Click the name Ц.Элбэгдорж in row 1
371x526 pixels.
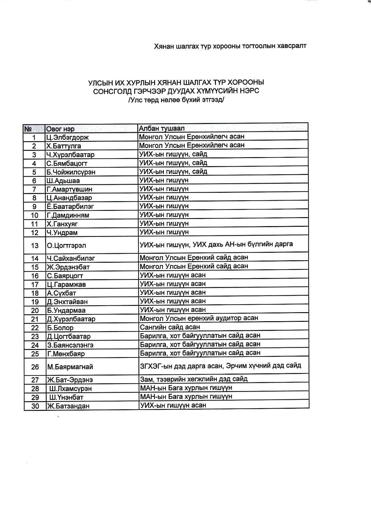coord(67,138)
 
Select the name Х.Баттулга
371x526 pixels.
coord(64,146)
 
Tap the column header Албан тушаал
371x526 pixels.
coord(162,128)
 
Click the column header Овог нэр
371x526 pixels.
coord(60,129)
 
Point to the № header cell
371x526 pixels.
coord(28,129)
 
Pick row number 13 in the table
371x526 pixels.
coord(35,246)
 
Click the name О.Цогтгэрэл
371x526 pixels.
coord(67,246)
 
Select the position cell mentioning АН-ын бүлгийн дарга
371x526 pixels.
coord(216,244)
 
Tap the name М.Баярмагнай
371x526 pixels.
coord(70,367)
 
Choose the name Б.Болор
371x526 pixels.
coord(60,328)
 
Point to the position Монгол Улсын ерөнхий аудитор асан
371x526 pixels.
coord(199,318)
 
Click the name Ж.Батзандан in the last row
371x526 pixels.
coord(68,406)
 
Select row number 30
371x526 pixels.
coord(35,406)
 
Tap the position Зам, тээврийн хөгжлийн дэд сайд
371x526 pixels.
coord(194,379)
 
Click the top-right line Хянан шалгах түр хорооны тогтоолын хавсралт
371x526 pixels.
coord(230,46)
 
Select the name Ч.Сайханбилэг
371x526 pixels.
coord(71,258)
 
